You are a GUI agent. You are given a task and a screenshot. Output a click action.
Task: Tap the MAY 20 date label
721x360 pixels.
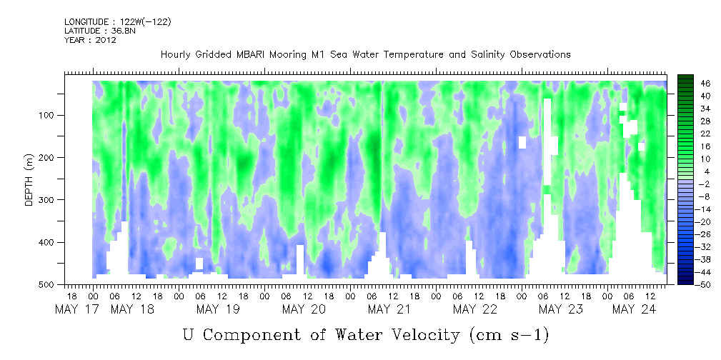[304, 309]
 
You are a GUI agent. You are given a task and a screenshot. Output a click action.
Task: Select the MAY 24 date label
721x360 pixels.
[633, 309]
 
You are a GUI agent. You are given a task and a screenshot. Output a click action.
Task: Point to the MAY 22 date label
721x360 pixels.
[475, 309]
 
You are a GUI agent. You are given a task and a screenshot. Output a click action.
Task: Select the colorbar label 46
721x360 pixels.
[706, 84]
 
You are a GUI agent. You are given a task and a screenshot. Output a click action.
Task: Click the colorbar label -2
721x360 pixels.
[706, 184]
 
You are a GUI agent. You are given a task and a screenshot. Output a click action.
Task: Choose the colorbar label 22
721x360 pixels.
[706, 136]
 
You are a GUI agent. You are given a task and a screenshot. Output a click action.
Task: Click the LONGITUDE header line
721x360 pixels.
[118, 21]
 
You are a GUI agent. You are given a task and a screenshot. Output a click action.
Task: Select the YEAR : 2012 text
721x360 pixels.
[90, 40]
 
